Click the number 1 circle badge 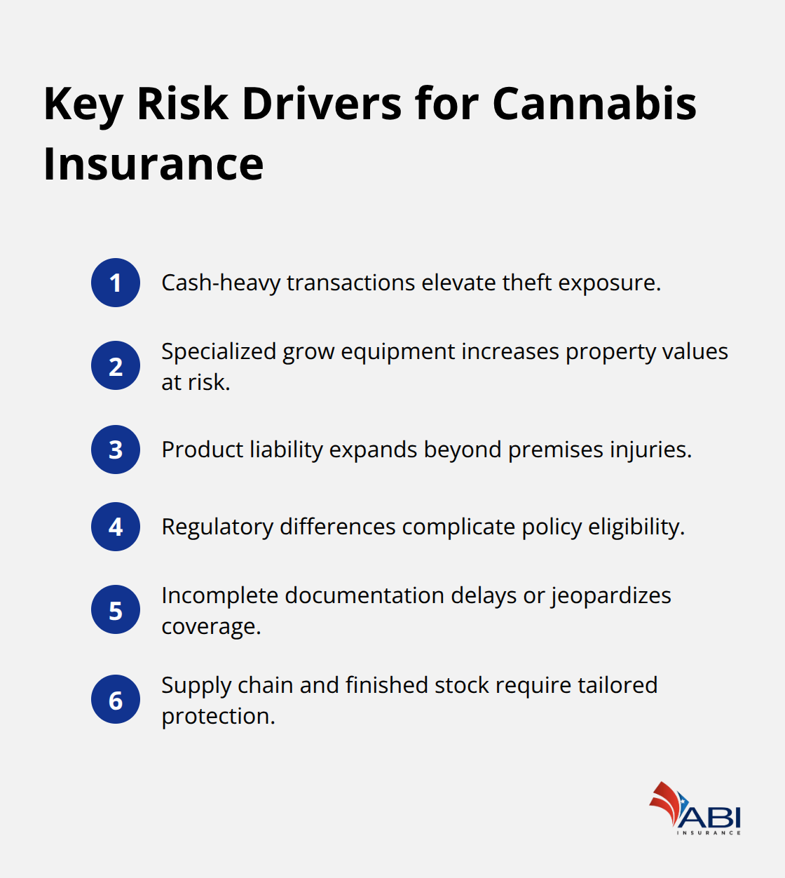[x=116, y=283]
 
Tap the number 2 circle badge [x=116, y=365]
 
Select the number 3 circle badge [x=116, y=450]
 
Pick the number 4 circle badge [x=116, y=527]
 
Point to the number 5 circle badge [x=116, y=609]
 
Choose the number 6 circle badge [x=116, y=699]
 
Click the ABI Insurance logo [x=695, y=809]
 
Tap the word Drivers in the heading [x=322, y=104]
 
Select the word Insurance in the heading [x=153, y=164]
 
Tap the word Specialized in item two [x=219, y=351]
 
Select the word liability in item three [x=286, y=450]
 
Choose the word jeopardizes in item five [x=610, y=596]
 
